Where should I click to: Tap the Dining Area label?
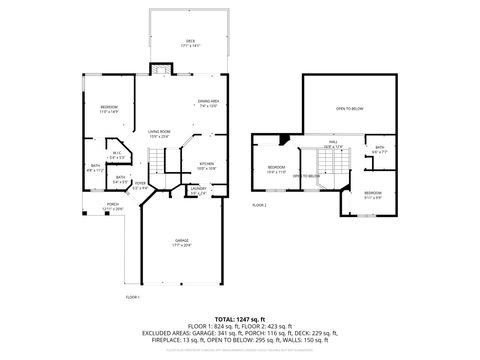pyautogui.click(x=207, y=103)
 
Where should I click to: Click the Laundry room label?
pyautogui.click(x=199, y=190)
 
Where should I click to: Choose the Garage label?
pyautogui.click(x=181, y=243)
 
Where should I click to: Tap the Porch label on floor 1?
pyautogui.click(x=113, y=207)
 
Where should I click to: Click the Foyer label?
pyautogui.click(x=141, y=185)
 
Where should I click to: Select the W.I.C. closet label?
pyautogui.click(x=117, y=156)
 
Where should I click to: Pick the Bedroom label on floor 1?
pyautogui.click(x=110, y=109)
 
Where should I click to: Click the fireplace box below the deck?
pyautogui.click(x=158, y=69)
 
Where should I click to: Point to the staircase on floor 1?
pyautogui.click(x=158, y=160)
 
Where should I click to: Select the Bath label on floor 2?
pyautogui.click(x=380, y=149)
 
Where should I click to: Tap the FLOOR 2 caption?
pyautogui.click(x=259, y=205)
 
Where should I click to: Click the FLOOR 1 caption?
pyautogui.click(x=132, y=297)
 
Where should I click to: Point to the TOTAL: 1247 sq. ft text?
pyautogui.click(x=239, y=318)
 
